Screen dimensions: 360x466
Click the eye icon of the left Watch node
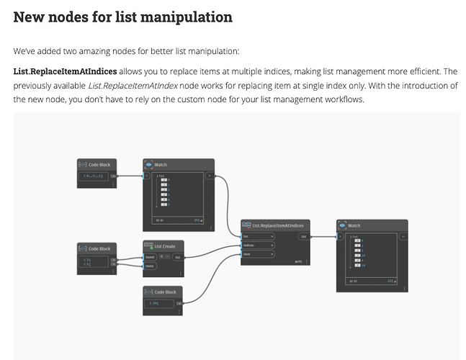click(150, 165)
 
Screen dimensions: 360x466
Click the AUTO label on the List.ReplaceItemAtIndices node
click(298, 262)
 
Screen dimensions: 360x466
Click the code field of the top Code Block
click(94, 176)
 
